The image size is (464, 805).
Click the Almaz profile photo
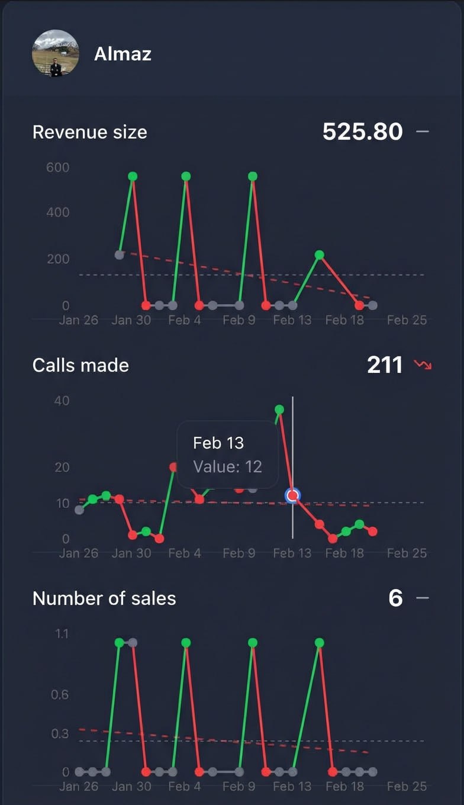pyautogui.click(x=55, y=53)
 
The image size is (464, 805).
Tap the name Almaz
pyautogui.click(x=123, y=54)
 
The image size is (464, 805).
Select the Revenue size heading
pyautogui.click(x=89, y=131)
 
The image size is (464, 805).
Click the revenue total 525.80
pyautogui.click(x=362, y=131)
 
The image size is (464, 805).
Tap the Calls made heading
pyautogui.click(x=80, y=365)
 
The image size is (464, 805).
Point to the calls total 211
pyautogui.click(x=385, y=365)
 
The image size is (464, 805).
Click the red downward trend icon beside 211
pyautogui.click(x=423, y=365)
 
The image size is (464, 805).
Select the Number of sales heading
pyautogui.click(x=104, y=598)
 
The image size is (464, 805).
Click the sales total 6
pyautogui.click(x=395, y=598)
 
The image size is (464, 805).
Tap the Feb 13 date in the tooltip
pyautogui.click(x=218, y=443)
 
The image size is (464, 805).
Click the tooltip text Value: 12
pyautogui.click(x=227, y=466)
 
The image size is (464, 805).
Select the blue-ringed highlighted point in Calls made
pyautogui.click(x=292, y=495)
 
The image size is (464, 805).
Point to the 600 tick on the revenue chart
pyautogui.click(x=58, y=168)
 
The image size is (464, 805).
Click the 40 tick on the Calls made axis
pyautogui.click(x=62, y=401)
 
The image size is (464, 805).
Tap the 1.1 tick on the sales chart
pyautogui.click(x=62, y=634)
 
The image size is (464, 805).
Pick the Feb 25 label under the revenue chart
pyautogui.click(x=407, y=320)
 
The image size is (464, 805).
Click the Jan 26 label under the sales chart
pyautogui.click(x=79, y=787)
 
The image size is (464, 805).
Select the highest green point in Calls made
pyautogui.click(x=279, y=409)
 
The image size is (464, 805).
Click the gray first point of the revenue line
pyautogui.click(x=119, y=255)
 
